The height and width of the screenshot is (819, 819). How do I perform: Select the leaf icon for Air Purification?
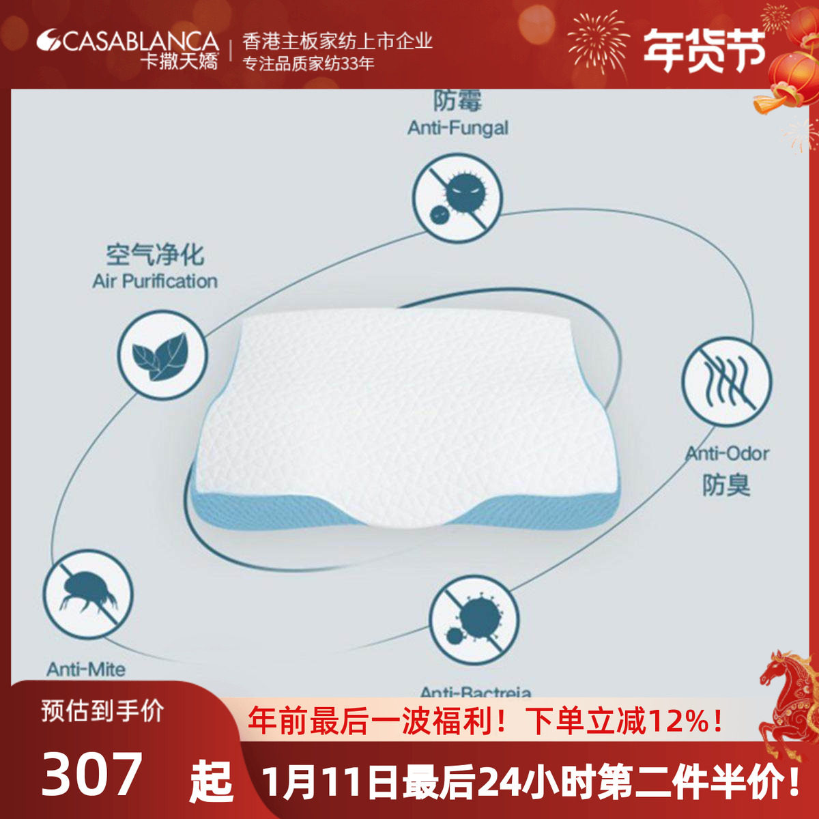[x=161, y=355]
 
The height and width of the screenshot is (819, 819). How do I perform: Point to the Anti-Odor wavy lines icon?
[x=726, y=381]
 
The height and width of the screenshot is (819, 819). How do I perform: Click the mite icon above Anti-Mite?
[x=87, y=594]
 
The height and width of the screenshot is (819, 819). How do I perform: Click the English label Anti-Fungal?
[x=458, y=128]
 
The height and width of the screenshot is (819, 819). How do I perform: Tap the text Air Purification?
[x=155, y=281]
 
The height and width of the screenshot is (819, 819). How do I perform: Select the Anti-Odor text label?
[x=728, y=454]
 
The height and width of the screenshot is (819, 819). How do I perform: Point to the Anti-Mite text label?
[x=86, y=670]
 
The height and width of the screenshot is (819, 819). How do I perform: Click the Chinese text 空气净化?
[x=155, y=255]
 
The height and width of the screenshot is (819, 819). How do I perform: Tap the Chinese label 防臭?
[x=726, y=485]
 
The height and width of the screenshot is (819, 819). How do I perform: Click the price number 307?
[x=92, y=773]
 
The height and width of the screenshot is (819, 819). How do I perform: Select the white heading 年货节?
[x=703, y=49]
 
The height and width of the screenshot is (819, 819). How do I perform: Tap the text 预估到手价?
[x=102, y=711]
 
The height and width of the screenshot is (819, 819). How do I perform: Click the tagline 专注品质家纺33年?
[x=309, y=64]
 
